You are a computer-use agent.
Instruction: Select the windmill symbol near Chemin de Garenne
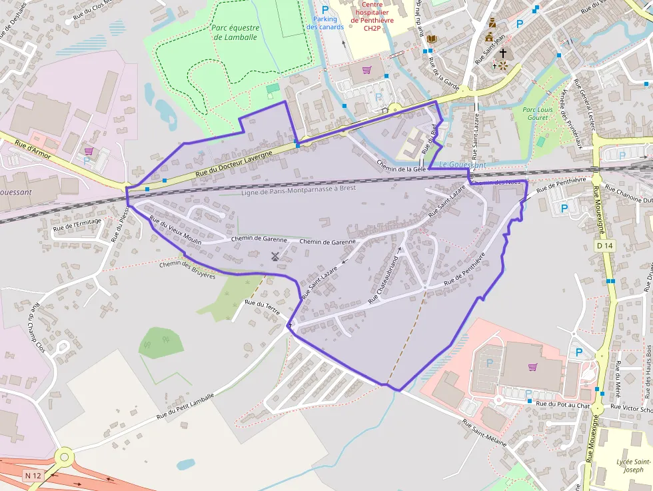pos(275,256)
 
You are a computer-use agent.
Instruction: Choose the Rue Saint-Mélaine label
pos(484,434)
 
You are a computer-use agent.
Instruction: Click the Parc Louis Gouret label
pos(538,113)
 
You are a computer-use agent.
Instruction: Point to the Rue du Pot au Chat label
pos(563,404)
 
